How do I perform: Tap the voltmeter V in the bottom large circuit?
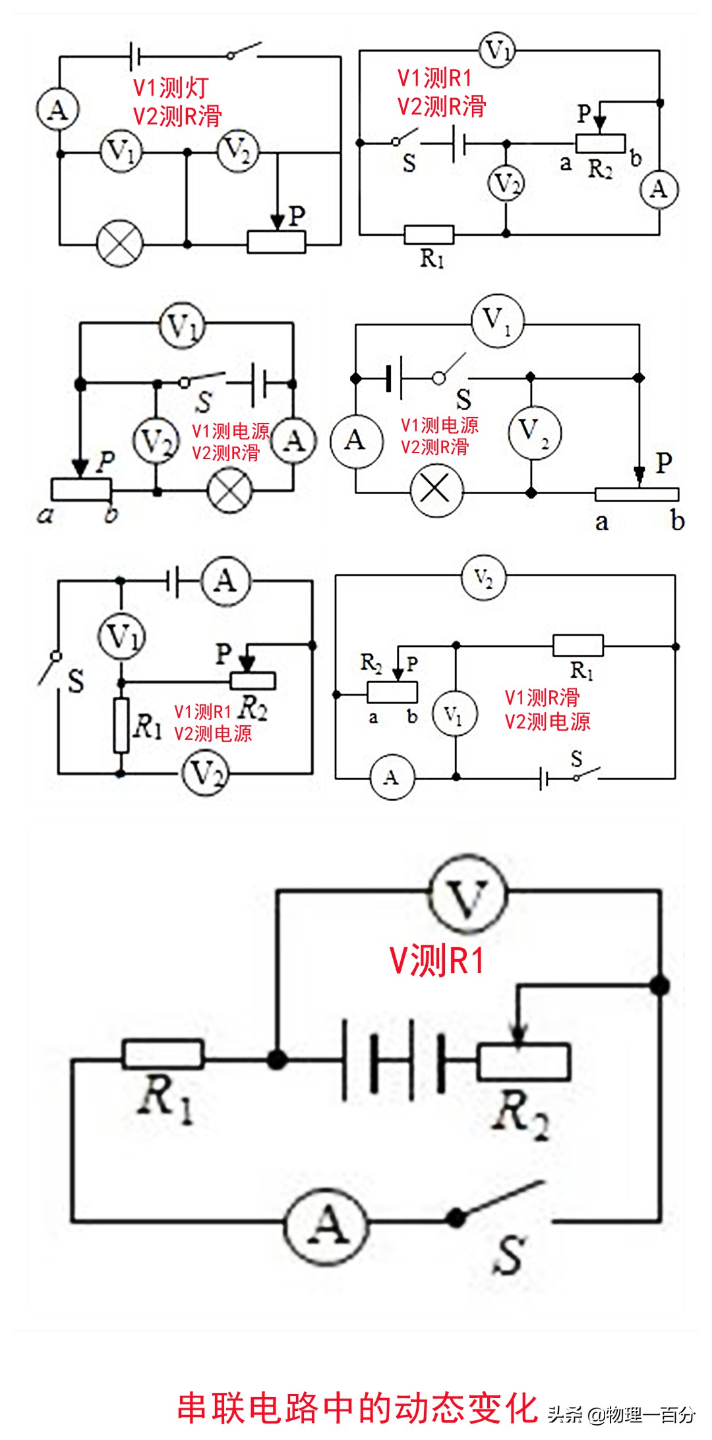coord(467,893)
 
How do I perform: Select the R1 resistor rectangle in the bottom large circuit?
coord(163,1054)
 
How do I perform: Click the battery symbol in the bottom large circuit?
coord(394,1059)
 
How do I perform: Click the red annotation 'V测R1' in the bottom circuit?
coord(437,960)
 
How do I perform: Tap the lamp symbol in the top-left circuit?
coord(120,244)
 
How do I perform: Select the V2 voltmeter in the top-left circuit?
coord(238,151)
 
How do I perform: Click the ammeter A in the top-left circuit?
coord(58,109)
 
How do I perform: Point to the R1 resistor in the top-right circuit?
coord(429,234)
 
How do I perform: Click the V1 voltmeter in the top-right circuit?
coord(497,50)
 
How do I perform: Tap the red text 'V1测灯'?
coord(171,88)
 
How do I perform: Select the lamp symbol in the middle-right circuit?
coord(436,490)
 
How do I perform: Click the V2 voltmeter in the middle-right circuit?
coord(535,431)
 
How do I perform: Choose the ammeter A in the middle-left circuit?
coord(294,440)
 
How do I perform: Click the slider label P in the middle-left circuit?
coord(105,462)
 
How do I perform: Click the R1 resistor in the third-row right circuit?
coord(578,646)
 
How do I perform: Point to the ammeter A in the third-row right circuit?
coord(392,777)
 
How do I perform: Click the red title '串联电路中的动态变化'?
coord(357,1407)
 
